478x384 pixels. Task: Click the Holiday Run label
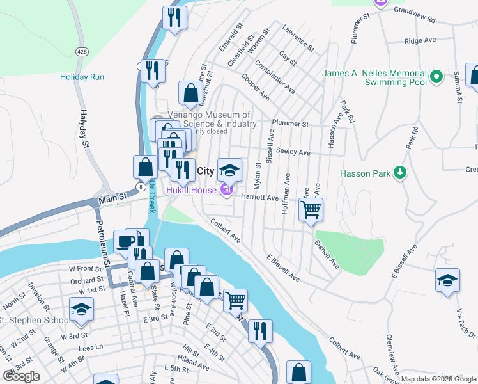(x=82, y=77)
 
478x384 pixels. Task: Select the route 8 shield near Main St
(x=140, y=186)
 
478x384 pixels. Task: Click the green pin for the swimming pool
(x=436, y=77)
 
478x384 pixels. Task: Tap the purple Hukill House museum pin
(x=226, y=190)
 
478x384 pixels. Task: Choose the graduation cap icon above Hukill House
(x=230, y=170)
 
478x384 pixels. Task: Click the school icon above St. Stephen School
(x=81, y=310)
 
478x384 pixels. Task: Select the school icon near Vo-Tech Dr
(x=447, y=280)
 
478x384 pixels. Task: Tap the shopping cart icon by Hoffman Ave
(x=311, y=209)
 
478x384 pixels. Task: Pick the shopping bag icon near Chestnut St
(x=190, y=93)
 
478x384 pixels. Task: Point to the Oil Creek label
(x=152, y=195)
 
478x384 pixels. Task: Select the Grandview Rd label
(x=418, y=10)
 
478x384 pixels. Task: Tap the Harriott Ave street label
(x=259, y=198)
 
